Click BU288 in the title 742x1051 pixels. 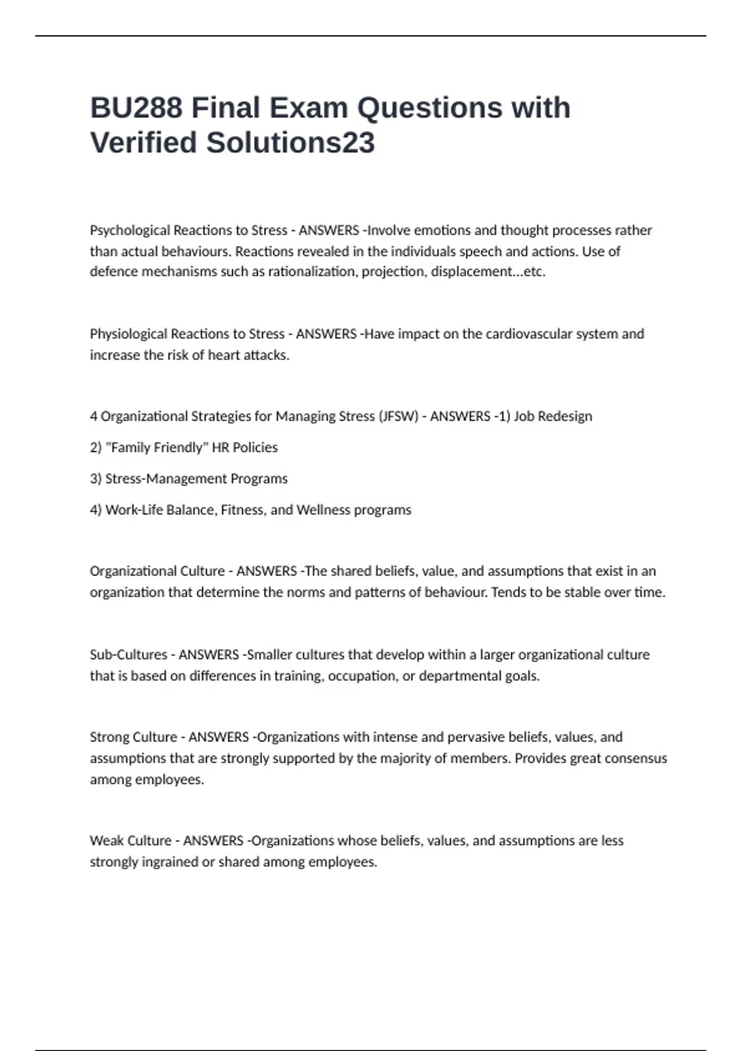136,108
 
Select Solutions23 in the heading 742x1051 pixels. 290,143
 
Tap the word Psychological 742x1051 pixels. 130,231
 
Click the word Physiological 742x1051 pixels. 128,334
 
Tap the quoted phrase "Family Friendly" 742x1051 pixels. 157,448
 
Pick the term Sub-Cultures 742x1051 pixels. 129,655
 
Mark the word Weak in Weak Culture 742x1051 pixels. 105,841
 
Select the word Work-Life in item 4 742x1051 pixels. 128,510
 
